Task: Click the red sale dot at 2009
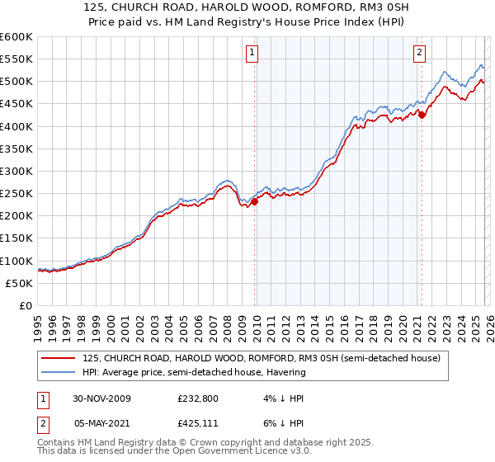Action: (255, 200)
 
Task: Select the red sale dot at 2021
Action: (422, 115)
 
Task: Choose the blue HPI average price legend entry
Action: (194, 372)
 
